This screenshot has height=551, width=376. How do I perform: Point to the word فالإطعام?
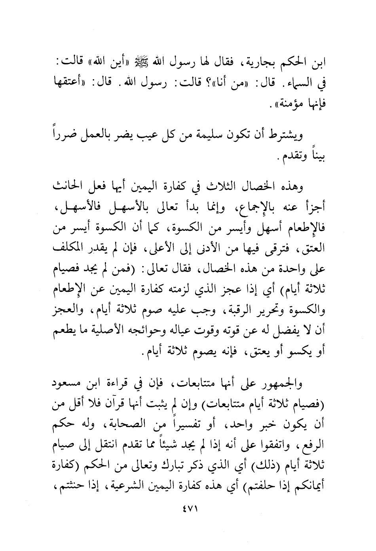(x=304, y=229)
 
